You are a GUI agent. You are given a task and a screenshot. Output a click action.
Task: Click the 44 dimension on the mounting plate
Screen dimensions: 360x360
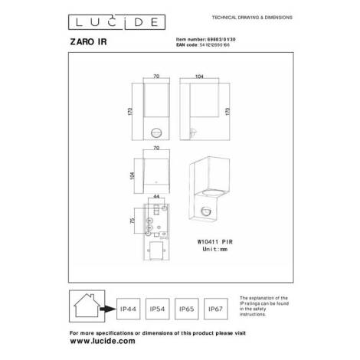tap(156, 197)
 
